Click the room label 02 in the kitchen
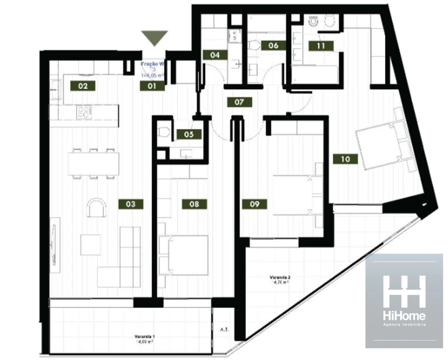(x=83, y=86)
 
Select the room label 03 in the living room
(x=130, y=204)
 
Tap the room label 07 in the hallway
(x=239, y=102)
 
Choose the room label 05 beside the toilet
(x=189, y=134)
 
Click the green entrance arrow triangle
(x=154, y=38)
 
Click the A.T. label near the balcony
(x=224, y=330)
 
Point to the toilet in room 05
(x=163, y=132)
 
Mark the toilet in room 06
(x=254, y=46)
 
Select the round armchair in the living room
(x=96, y=207)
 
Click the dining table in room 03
(x=94, y=163)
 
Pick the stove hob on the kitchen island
(x=84, y=111)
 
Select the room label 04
(x=215, y=55)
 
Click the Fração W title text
(x=152, y=64)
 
